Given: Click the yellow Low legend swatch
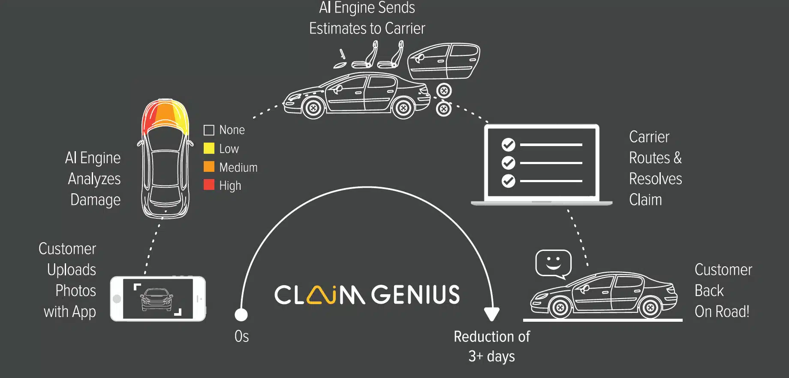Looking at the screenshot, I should (209, 148).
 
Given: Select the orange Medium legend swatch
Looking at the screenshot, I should (209, 167).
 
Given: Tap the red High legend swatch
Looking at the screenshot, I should (209, 185).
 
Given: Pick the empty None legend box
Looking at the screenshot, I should (209, 130).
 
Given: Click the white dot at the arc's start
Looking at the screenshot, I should (241, 315).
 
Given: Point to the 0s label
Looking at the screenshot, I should (241, 336).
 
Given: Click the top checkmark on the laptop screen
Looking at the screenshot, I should (508, 145).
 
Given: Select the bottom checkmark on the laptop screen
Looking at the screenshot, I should (508, 181).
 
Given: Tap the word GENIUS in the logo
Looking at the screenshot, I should (415, 295).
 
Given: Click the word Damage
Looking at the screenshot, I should (95, 200).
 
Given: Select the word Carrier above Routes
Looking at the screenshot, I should (649, 137).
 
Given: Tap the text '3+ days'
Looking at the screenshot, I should (491, 357).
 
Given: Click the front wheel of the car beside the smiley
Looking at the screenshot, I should (559, 308).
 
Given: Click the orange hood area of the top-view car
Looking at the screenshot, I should (165, 113).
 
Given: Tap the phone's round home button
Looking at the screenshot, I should (117, 299).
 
